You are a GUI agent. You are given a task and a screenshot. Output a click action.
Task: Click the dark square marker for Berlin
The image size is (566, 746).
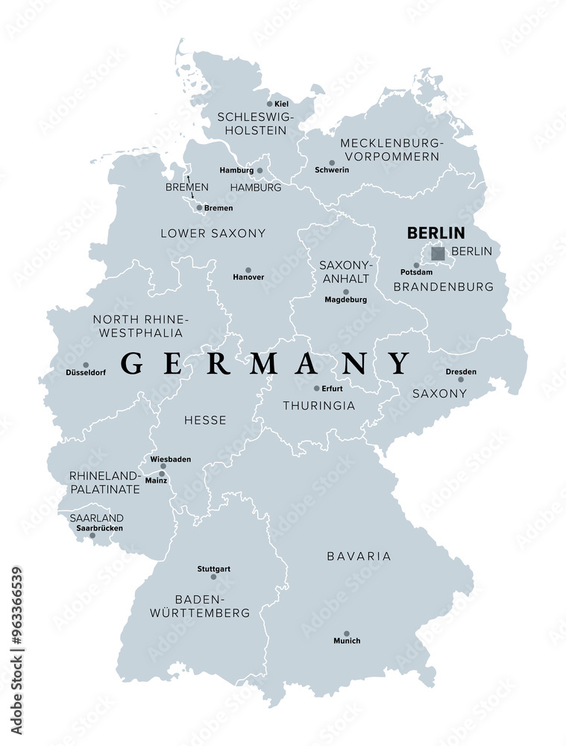point(438,254)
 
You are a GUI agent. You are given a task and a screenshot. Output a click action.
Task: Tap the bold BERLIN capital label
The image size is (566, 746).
point(435,233)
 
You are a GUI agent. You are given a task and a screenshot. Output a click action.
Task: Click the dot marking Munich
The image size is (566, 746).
point(347,631)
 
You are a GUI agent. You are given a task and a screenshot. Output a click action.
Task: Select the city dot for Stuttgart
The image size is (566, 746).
point(213,577)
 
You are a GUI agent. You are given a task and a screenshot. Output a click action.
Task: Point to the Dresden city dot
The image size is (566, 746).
point(461,380)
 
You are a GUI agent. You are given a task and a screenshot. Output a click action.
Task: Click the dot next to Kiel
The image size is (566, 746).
point(270,104)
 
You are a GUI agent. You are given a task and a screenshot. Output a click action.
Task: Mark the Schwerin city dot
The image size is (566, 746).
point(332,162)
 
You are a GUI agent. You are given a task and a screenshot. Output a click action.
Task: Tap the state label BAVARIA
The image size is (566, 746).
point(359,556)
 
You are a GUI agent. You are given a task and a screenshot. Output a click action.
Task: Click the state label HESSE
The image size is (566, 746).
point(205,420)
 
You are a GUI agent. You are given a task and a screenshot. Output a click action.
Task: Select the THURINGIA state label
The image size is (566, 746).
point(319,406)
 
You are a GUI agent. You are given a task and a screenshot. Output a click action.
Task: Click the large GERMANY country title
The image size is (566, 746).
point(265,363)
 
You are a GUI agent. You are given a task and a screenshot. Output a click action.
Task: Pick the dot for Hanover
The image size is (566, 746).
point(248,270)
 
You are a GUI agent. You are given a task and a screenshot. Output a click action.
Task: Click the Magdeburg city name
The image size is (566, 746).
point(345,300)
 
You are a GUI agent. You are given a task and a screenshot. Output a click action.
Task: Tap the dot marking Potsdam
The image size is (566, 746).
point(416,265)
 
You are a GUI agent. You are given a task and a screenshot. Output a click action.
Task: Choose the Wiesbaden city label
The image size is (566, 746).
point(170,459)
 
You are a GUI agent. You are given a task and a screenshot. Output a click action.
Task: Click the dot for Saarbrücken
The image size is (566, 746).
point(92,535)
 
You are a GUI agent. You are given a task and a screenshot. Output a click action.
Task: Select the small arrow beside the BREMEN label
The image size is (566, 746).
point(189,180)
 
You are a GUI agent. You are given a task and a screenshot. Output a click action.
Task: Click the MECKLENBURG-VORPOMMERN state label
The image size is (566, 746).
point(391,149)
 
